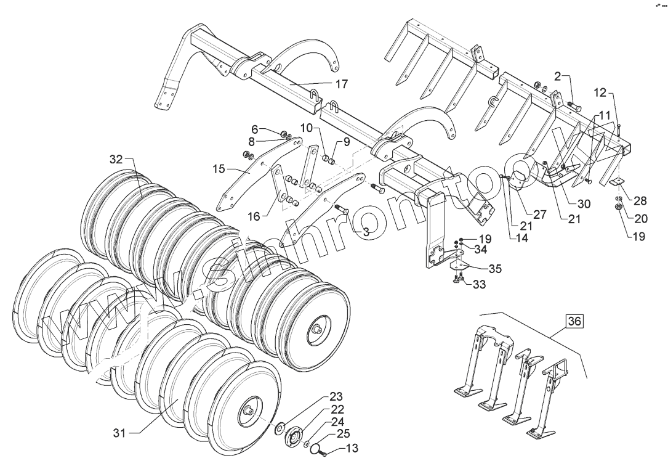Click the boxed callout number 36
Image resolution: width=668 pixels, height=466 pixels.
click(x=574, y=321)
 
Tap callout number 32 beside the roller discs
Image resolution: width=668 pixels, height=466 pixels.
click(x=116, y=159)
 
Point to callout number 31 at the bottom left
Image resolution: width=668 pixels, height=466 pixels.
click(x=120, y=433)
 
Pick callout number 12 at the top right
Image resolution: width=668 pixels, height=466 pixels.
click(x=600, y=93)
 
